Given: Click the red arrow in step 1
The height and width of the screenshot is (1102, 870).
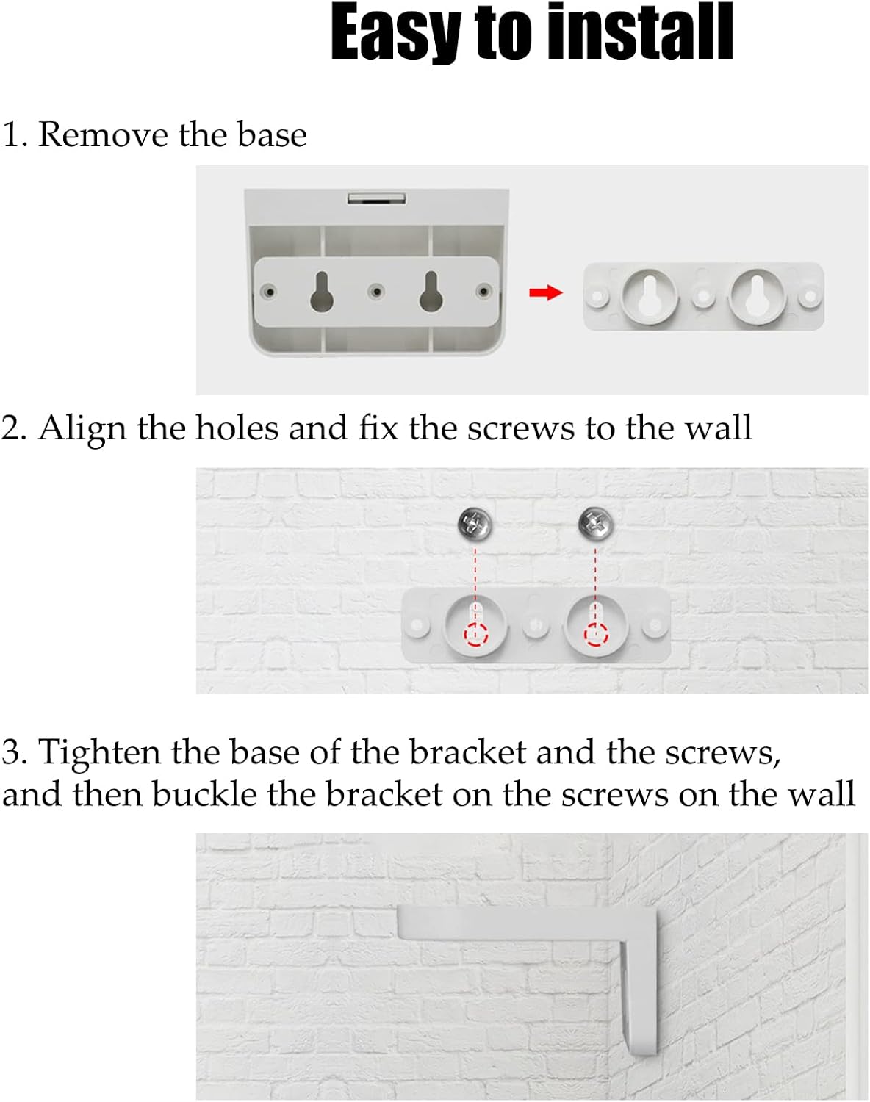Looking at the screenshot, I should point(545,293).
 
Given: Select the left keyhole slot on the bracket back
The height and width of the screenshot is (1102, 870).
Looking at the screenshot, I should point(321,292).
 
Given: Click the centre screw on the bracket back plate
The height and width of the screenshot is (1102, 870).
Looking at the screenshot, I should point(376,292).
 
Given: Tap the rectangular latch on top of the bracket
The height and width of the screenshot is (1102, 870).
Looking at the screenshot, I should point(376,198).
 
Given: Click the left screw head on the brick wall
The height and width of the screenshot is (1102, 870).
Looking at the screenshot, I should point(475,524).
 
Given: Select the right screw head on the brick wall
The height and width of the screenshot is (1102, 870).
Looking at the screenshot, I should point(595,524).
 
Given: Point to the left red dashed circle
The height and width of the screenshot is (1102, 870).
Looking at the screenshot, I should point(475,634).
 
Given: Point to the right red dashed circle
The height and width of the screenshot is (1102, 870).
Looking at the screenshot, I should point(595,634).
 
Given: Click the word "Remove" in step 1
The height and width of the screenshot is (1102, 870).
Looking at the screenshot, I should point(103,134).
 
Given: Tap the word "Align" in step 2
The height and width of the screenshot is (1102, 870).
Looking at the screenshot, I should point(82,428).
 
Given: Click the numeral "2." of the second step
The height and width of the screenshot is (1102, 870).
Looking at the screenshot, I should point(13,428).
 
